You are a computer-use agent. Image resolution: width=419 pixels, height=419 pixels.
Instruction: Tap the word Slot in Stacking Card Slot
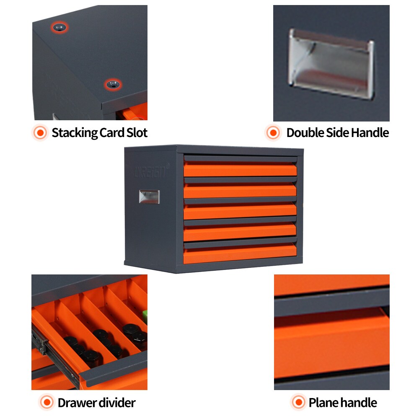coord(137,133)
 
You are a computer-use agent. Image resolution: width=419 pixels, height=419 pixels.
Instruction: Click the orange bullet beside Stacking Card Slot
coord(41,133)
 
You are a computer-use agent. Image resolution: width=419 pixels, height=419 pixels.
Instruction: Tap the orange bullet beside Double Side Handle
coord(273,133)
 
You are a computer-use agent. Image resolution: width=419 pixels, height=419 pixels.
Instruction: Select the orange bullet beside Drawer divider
coord(47,403)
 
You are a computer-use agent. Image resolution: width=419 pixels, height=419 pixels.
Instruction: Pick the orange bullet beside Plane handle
coord(298,403)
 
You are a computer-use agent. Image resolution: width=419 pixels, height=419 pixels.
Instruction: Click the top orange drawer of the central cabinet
coord(240,170)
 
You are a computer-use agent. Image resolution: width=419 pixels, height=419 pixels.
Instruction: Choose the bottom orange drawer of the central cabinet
coord(240,254)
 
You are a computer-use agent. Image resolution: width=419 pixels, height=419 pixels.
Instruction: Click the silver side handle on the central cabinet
coord(149,197)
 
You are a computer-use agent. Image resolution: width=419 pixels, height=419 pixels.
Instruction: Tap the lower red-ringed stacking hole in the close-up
coord(112,85)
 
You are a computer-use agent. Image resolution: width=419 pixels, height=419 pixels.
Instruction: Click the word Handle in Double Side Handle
coord(370,133)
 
